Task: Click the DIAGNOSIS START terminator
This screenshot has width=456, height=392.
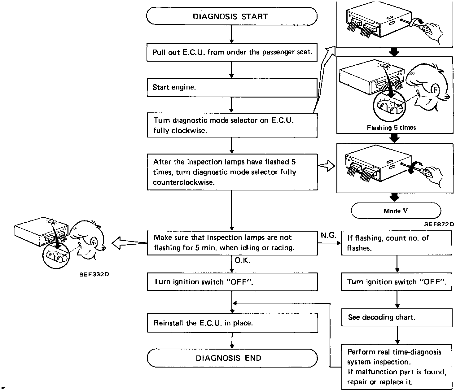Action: tap(232, 16)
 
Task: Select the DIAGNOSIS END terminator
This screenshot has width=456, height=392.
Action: tap(232, 358)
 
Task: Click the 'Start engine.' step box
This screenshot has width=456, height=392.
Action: tap(232, 87)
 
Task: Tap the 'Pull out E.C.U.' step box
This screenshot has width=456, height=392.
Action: tap(232, 52)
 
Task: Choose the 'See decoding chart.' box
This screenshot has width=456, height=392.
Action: tap(397, 317)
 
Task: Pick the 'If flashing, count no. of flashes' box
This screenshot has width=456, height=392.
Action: tap(396, 243)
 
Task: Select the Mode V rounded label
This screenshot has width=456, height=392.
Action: tap(396, 211)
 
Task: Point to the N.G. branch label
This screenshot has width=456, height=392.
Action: tap(328, 235)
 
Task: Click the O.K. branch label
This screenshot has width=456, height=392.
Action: tap(242, 261)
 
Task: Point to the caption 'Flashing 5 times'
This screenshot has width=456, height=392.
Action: tap(391, 128)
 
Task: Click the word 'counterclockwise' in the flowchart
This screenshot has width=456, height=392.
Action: tap(183, 182)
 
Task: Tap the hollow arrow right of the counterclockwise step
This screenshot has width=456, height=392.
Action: tap(327, 167)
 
